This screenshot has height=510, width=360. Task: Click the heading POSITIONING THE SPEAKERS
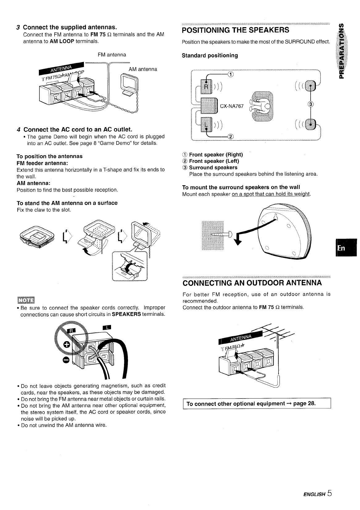(x=236, y=30)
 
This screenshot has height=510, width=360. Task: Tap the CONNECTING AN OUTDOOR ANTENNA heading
(x=252, y=283)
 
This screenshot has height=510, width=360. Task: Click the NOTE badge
(x=26, y=300)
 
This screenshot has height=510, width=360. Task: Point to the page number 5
(x=330, y=493)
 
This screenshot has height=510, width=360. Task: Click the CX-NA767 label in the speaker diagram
(x=232, y=107)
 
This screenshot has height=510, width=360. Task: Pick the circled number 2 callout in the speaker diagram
(x=230, y=137)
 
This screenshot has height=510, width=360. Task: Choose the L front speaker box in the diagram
(x=206, y=125)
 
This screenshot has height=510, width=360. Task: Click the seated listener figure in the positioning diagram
(x=262, y=107)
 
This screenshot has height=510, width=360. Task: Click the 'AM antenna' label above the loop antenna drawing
(x=143, y=69)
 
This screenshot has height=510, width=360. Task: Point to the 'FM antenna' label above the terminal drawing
(x=112, y=55)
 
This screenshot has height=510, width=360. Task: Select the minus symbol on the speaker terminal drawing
(x=65, y=360)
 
